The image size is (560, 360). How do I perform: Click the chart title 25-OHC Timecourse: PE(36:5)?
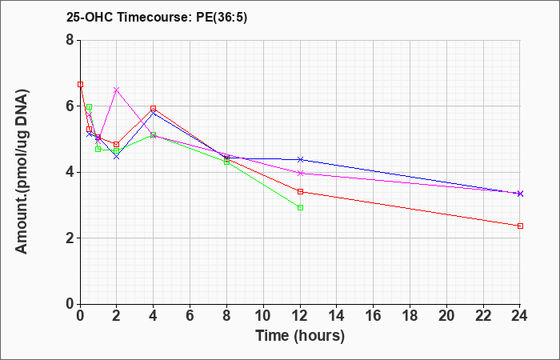pyautogui.click(x=157, y=18)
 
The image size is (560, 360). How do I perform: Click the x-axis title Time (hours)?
pyautogui.click(x=300, y=336)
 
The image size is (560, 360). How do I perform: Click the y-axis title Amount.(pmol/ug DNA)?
pyautogui.click(x=22, y=172)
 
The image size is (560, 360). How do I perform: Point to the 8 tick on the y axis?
pyautogui.click(x=70, y=40)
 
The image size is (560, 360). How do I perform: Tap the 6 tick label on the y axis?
pyautogui.click(x=70, y=106)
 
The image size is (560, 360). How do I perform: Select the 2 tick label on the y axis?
pyautogui.click(x=70, y=238)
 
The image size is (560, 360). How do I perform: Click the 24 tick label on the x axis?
pyautogui.click(x=520, y=316)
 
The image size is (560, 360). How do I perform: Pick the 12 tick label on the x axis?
pyautogui.click(x=300, y=316)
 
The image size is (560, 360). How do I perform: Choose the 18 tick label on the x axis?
pyautogui.click(x=410, y=316)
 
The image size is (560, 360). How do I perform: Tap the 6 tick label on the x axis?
pyautogui.click(x=190, y=316)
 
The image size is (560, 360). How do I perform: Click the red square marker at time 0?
pyautogui.click(x=80, y=85)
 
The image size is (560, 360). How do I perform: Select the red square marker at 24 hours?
pyautogui.click(x=520, y=226)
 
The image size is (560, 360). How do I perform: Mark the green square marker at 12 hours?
pyautogui.click(x=300, y=208)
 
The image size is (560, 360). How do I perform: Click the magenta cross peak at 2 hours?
pyautogui.click(x=117, y=90)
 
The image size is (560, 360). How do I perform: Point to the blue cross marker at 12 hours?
pyautogui.click(x=300, y=159)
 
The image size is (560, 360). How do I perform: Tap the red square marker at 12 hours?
pyautogui.click(x=300, y=192)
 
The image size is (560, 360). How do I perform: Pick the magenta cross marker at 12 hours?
pyautogui.click(x=300, y=174)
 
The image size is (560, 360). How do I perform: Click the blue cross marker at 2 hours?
pyautogui.click(x=117, y=157)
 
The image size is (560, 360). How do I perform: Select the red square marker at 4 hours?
pyautogui.click(x=154, y=108)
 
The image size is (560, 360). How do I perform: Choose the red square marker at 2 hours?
pyautogui.click(x=117, y=145)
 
